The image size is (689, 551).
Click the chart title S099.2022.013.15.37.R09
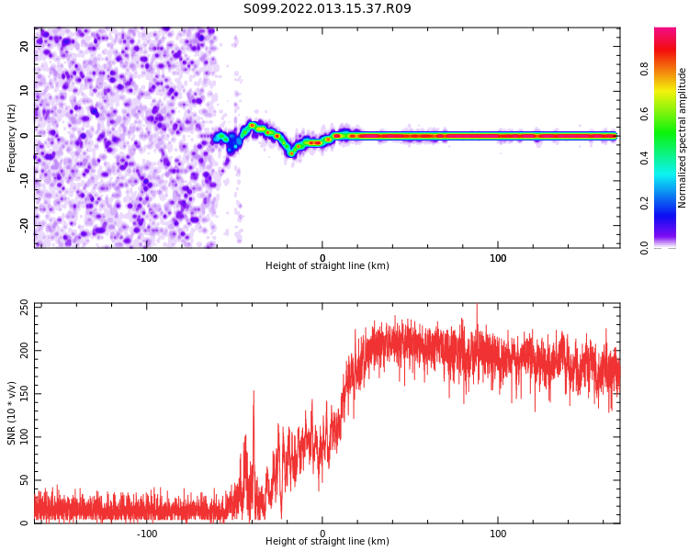click(x=327, y=9)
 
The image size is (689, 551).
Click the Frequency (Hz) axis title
click(x=12, y=138)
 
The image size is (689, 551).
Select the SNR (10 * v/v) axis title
click(x=12, y=413)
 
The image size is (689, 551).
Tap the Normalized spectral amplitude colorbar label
click(x=683, y=138)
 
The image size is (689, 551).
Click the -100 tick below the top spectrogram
click(x=147, y=258)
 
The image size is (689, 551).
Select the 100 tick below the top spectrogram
click(x=498, y=258)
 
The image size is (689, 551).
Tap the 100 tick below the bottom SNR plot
click(x=498, y=534)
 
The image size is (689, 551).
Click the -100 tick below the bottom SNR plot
click(x=147, y=534)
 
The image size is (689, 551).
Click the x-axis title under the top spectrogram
click(x=327, y=266)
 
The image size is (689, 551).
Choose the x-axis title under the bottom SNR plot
click(x=327, y=542)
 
